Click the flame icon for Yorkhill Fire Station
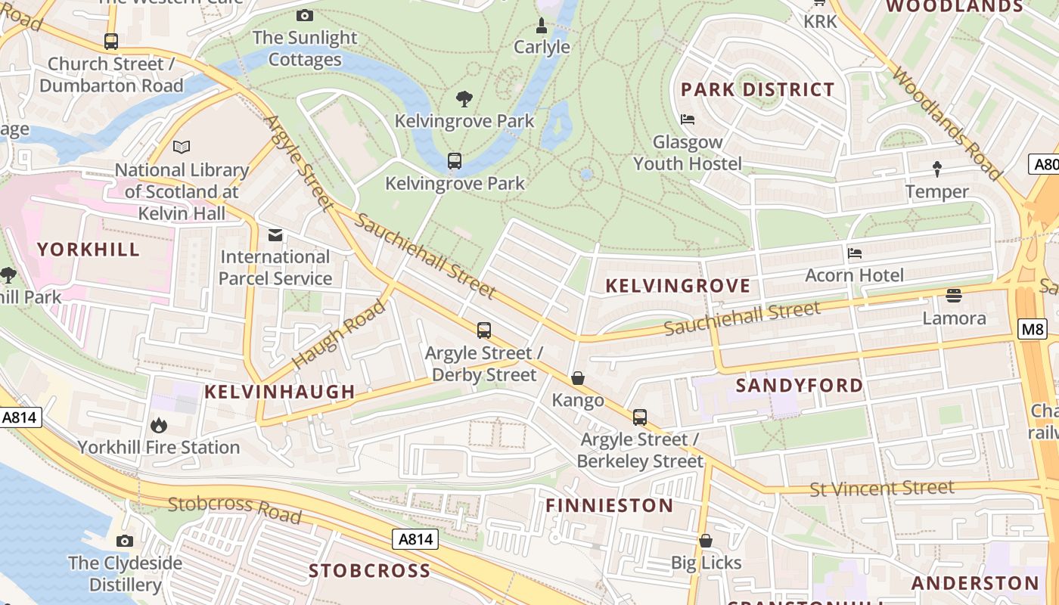pos(159,426)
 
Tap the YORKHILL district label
pos(89,250)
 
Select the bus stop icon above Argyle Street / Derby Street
pos(484,330)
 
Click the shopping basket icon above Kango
pos(578,378)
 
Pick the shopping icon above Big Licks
pos(706,541)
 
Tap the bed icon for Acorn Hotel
pos(855,253)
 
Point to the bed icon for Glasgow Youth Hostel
pos(688,119)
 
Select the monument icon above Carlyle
pos(542,26)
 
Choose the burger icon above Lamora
pos(954,296)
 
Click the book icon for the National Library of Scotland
pos(182,147)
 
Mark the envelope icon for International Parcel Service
pos(275,235)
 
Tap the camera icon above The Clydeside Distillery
pos(125,541)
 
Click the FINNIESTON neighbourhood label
pos(610,506)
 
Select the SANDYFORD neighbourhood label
pos(800,386)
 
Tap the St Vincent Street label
pos(881,489)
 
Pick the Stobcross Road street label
pos(234,509)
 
